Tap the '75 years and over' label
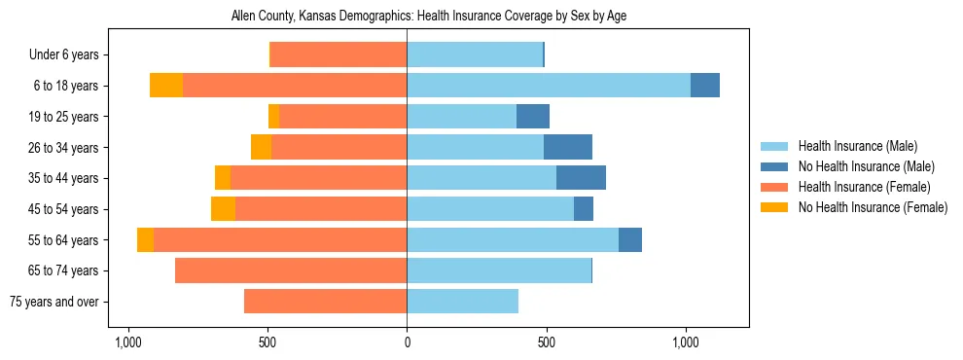coord(53,302)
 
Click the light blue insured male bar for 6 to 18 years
coord(549,86)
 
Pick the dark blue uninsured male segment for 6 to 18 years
coord(705,86)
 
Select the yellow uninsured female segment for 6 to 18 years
coord(166,86)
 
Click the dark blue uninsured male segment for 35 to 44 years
coord(581,178)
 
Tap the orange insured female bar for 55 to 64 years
coord(280,239)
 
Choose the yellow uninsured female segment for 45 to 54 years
coord(223,209)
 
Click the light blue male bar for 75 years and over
coord(462,302)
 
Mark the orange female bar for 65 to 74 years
coord(291,270)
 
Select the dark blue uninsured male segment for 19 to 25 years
coord(533,117)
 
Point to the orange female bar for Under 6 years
coord(339,54)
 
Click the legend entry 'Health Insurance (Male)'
coord(857,146)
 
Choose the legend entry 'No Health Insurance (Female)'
coord(872,207)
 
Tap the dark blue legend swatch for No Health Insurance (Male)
coord(774,166)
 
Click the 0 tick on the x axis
coord(407,342)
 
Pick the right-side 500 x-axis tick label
coord(547,342)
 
